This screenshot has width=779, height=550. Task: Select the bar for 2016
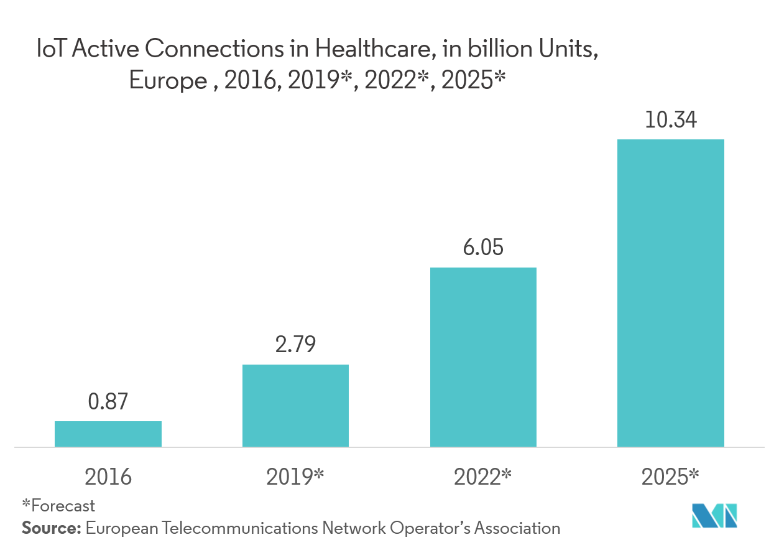coord(108,434)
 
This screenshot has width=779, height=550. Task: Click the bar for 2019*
coord(295,406)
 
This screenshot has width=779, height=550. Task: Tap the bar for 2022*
coord(483,357)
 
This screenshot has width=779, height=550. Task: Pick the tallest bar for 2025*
coord(671,292)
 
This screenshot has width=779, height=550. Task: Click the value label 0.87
coord(108,402)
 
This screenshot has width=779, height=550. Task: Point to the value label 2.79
coord(295,345)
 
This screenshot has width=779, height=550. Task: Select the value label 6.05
coord(483,248)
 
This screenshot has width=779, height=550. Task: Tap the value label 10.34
coord(671,119)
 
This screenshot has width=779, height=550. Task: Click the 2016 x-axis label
coord(108,477)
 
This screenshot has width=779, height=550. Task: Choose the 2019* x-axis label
coord(295,477)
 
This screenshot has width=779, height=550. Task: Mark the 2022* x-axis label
coord(483,477)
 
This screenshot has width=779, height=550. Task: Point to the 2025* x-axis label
coord(671,477)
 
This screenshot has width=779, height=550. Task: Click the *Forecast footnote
coord(58,506)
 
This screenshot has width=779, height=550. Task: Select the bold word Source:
coord(52,528)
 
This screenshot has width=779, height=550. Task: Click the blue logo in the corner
coord(714,515)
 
